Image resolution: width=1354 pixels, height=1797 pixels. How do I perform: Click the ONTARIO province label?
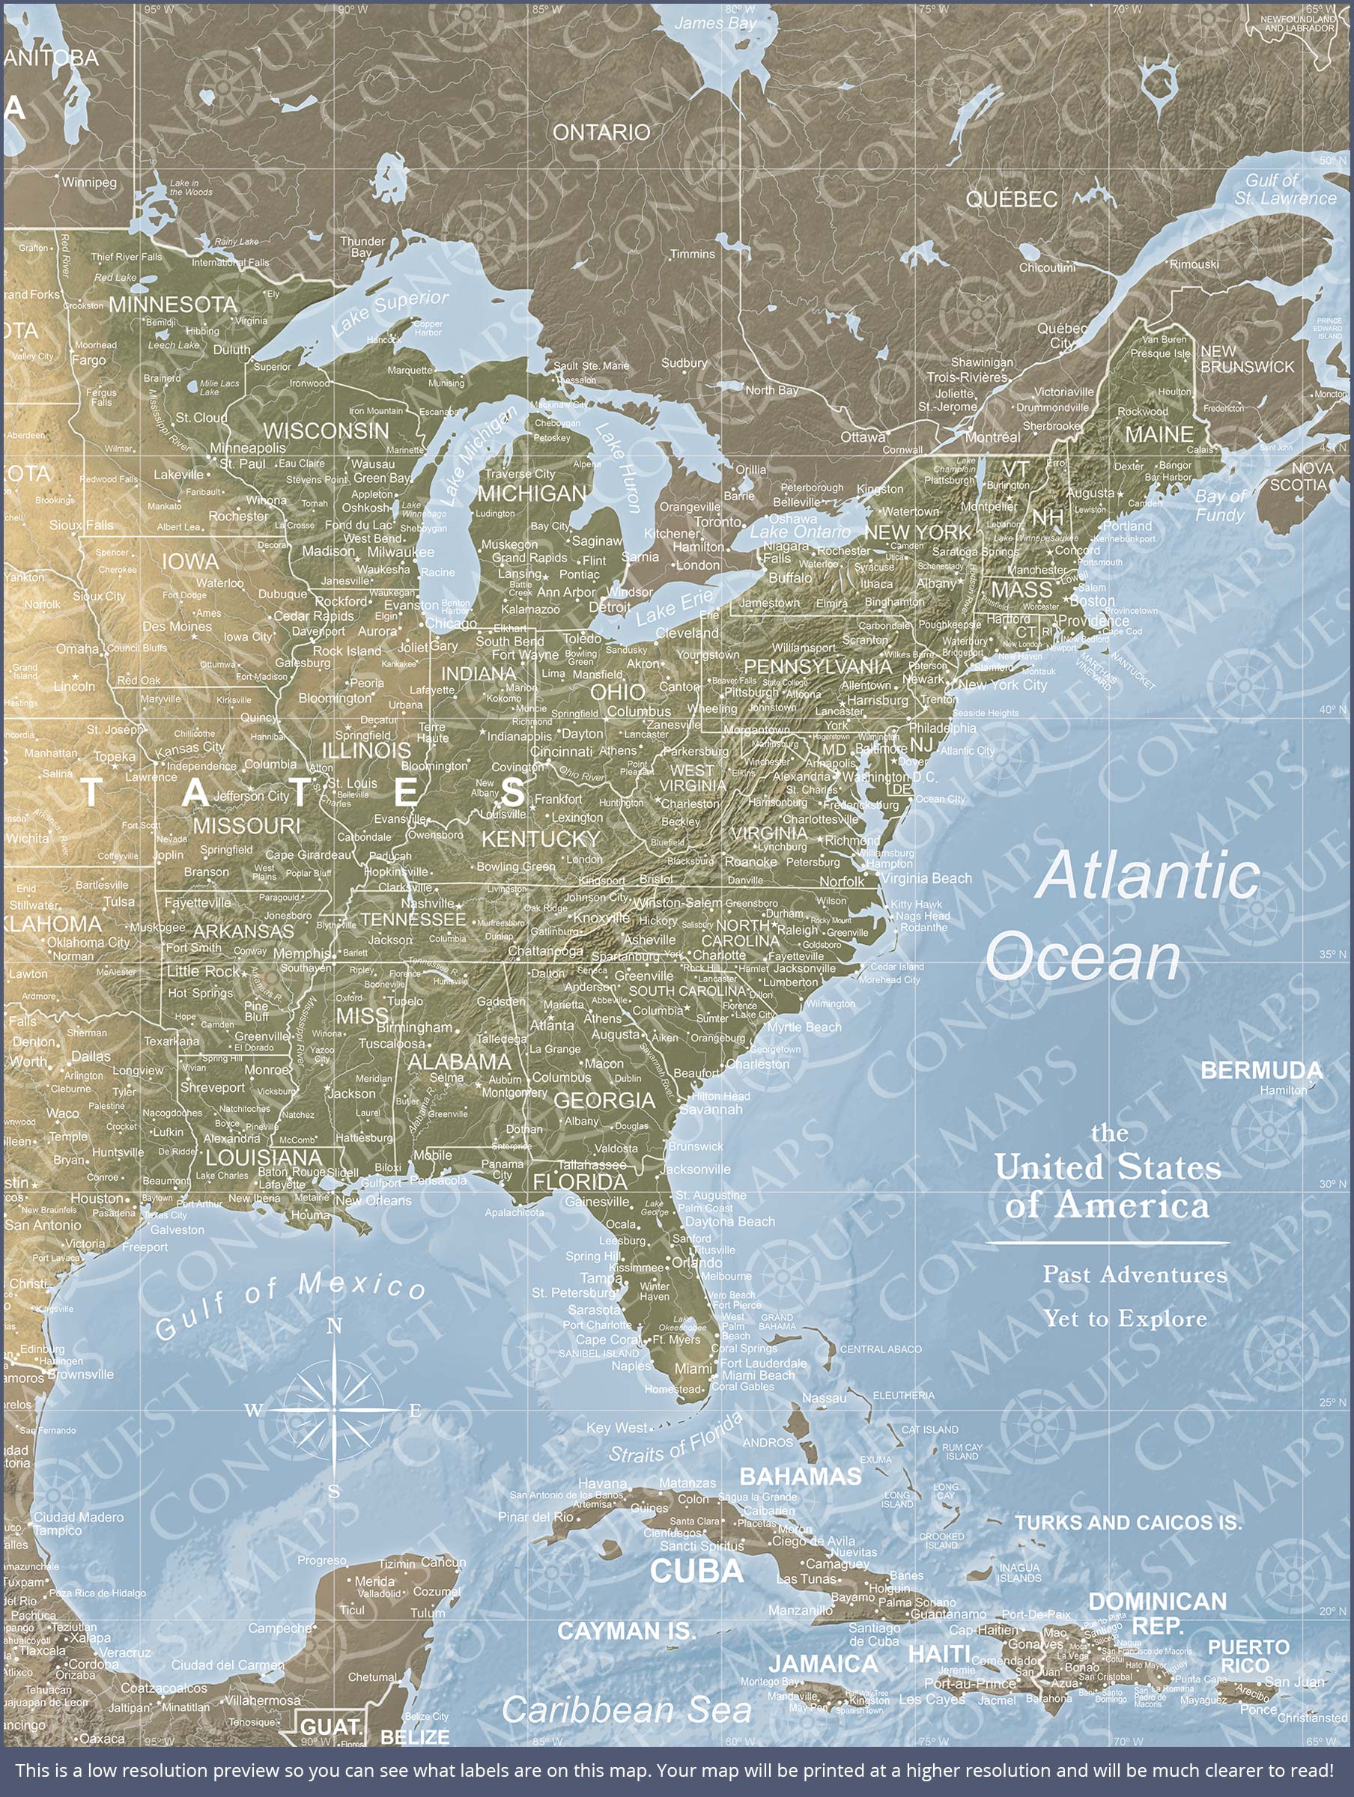coord(601,133)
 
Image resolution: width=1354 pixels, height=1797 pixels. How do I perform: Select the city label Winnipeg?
coord(89,182)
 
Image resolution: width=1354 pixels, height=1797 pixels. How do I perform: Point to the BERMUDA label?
coord(1260,1070)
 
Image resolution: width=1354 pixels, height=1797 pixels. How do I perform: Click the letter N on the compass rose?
coord(334,1327)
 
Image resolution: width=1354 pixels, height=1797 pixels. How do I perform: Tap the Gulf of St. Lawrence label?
coord(1284,189)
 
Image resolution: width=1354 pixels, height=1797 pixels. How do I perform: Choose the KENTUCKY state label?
coord(541,839)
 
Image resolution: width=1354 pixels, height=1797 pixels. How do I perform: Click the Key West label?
coord(617,1427)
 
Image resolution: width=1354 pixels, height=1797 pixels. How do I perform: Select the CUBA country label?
coord(696,1571)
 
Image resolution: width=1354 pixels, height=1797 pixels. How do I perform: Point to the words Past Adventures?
coord(1135,1274)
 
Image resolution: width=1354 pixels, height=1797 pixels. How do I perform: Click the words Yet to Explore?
coord(1125,1319)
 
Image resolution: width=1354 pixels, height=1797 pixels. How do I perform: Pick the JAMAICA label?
coord(822,1664)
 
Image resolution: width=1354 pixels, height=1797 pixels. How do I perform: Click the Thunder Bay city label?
coord(362,247)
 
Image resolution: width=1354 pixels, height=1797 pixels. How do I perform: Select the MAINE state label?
coord(1159,434)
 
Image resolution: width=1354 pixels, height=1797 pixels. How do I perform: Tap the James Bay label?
coord(715,23)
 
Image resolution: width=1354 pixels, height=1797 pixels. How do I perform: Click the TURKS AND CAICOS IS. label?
coord(1128,1523)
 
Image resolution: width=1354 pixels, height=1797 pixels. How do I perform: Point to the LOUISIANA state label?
coord(264,1158)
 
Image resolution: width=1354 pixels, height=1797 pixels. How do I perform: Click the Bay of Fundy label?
coord(1219,505)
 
